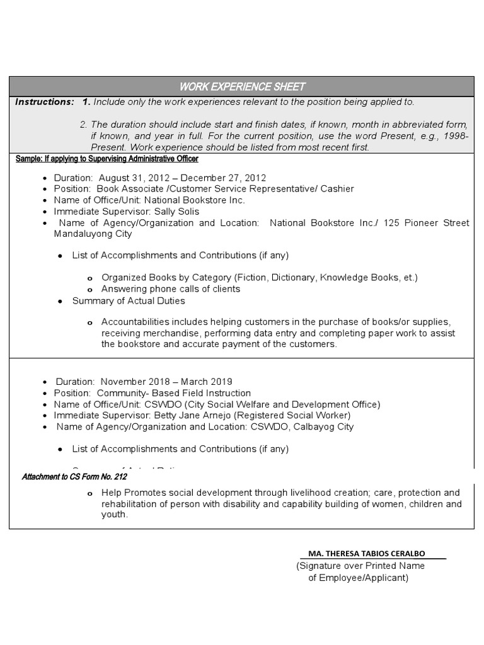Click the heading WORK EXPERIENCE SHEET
click(x=242, y=86)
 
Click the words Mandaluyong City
click(x=93, y=234)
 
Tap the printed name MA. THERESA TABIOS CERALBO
click(x=366, y=554)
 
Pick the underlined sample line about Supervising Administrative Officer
click(x=107, y=159)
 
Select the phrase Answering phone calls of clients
click(x=171, y=289)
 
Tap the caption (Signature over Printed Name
click(x=360, y=566)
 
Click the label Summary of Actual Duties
click(x=129, y=301)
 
